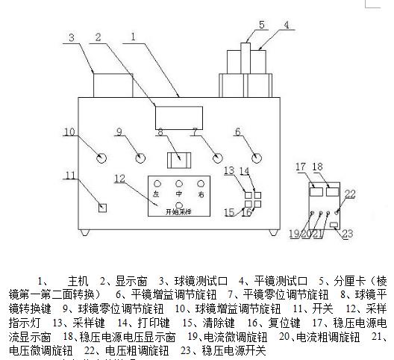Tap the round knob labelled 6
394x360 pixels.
point(257,158)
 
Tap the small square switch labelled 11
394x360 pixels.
point(104,208)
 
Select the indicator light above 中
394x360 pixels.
point(178,183)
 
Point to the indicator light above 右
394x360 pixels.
point(201,183)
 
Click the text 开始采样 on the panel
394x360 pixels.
point(179,212)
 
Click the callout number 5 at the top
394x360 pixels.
point(261,24)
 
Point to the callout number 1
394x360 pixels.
point(133,35)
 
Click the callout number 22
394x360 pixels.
point(351,194)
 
